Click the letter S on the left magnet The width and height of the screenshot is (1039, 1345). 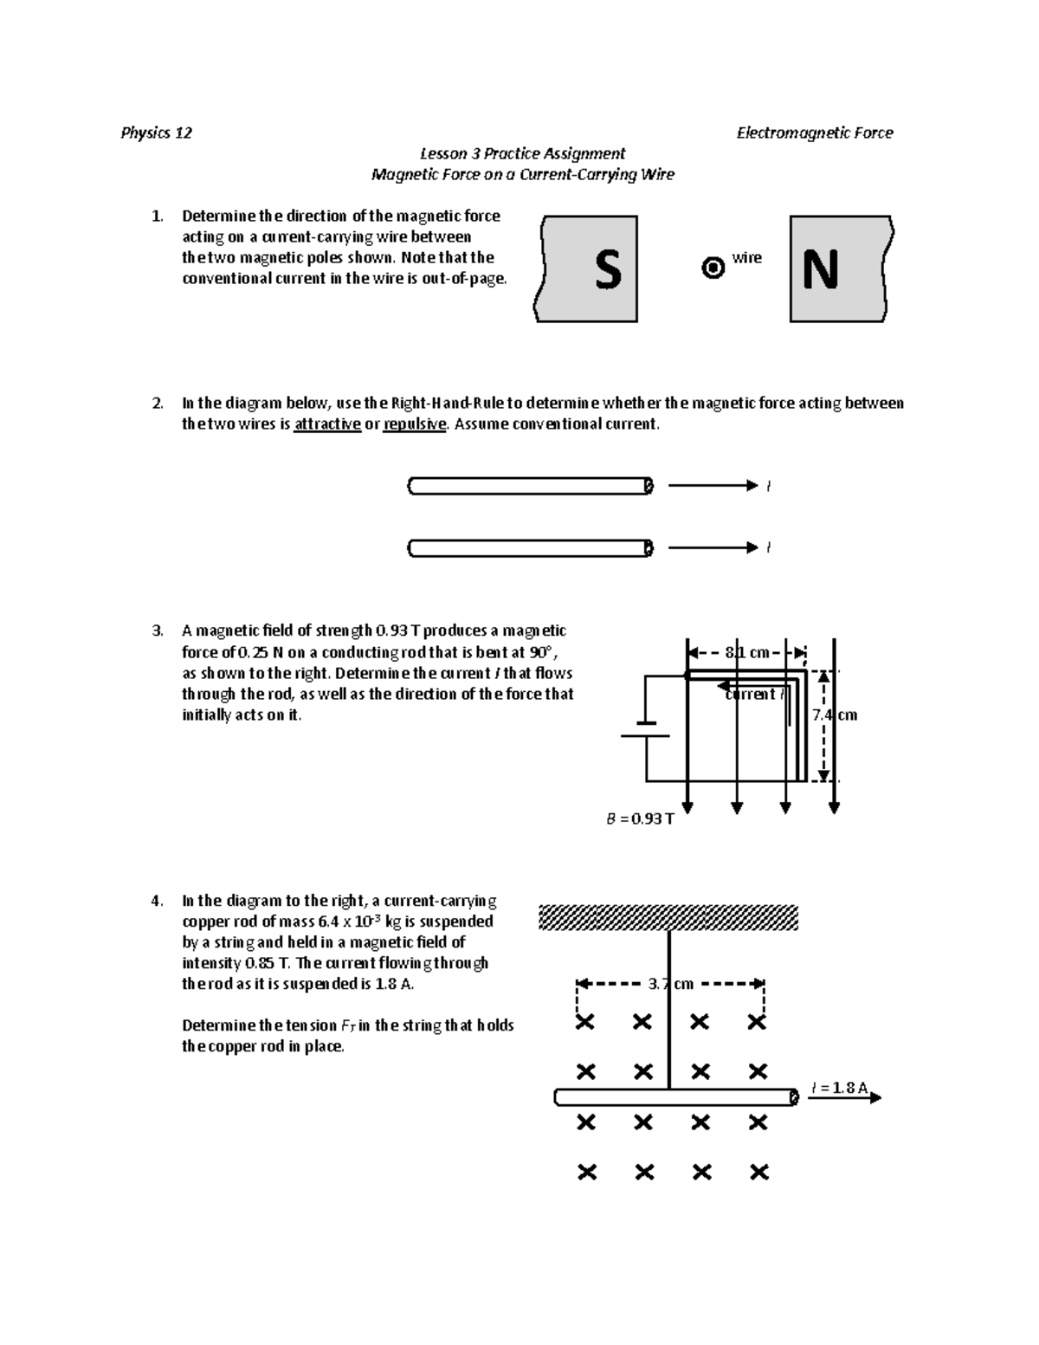(x=608, y=270)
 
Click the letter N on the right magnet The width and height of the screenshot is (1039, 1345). (x=820, y=270)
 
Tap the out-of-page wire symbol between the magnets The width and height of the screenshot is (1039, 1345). (x=713, y=268)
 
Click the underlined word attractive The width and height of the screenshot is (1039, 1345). (x=327, y=424)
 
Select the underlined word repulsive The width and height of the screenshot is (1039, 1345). (x=415, y=424)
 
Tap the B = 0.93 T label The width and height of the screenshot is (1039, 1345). (x=640, y=818)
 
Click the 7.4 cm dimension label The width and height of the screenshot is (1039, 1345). (x=835, y=715)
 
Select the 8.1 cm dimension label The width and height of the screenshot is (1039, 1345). (x=747, y=653)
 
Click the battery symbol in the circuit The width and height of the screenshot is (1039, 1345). (x=646, y=729)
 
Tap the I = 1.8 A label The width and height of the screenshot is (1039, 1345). (x=840, y=1088)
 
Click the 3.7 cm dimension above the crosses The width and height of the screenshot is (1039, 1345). (x=671, y=984)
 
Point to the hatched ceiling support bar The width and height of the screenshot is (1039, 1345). (x=668, y=917)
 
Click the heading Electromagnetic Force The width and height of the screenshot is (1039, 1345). (x=814, y=133)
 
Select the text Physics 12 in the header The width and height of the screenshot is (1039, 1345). (x=157, y=133)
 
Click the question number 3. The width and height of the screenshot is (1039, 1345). (x=157, y=631)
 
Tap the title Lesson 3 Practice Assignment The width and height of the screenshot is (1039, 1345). (x=522, y=153)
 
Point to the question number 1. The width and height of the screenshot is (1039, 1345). (x=157, y=217)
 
